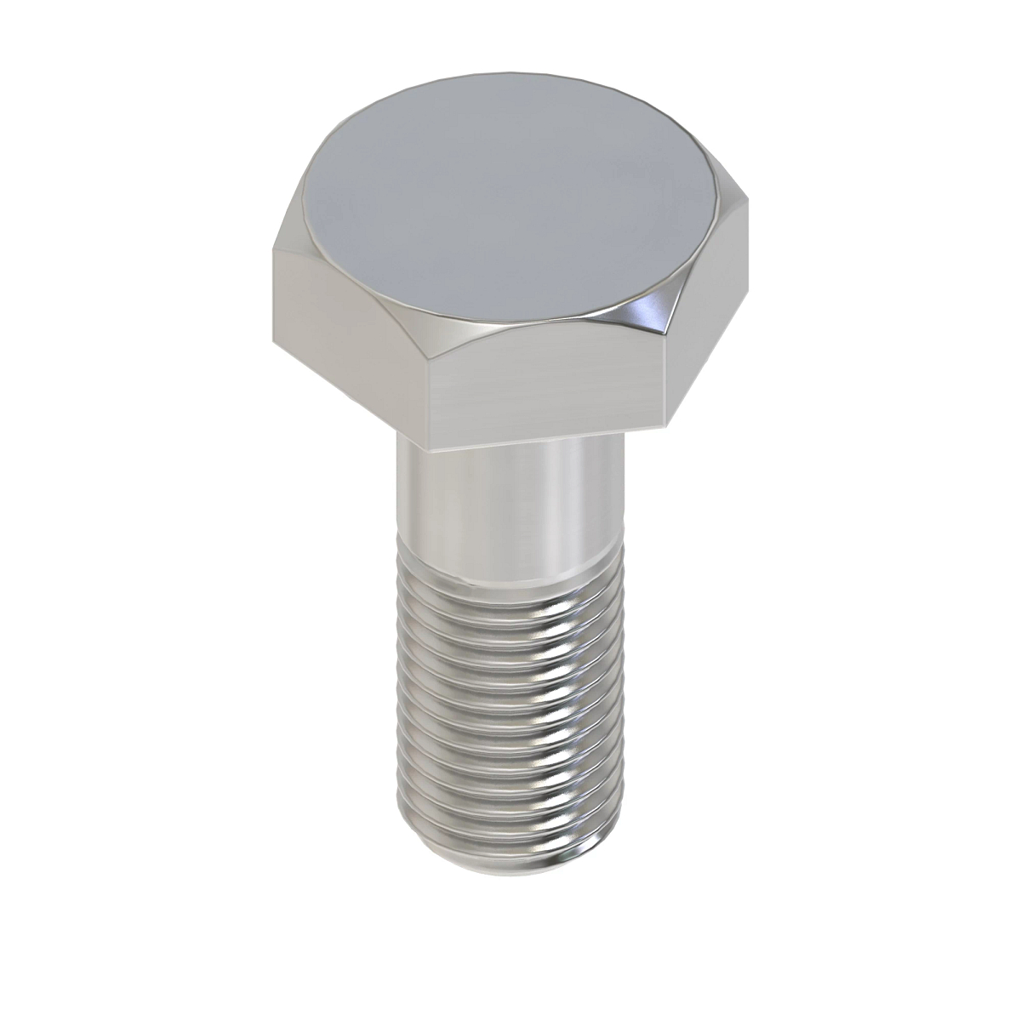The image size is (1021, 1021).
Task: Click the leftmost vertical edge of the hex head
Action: [x=274, y=298]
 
